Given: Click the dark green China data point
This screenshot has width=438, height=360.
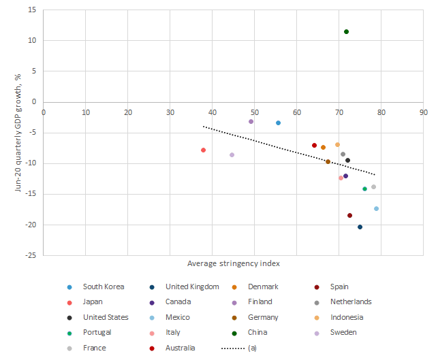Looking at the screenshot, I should (346, 32).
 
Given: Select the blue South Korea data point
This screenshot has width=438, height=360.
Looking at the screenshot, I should (278, 123).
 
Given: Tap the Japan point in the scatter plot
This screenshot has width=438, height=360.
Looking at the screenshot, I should (204, 150).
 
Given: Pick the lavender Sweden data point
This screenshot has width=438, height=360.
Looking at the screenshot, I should (232, 155).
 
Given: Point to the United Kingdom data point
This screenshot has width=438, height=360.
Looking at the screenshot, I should (360, 227).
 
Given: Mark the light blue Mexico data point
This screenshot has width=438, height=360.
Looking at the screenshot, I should (376, 209).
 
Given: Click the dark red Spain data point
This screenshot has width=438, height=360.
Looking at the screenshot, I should (349, 216).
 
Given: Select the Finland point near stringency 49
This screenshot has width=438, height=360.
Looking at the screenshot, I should (251, 122).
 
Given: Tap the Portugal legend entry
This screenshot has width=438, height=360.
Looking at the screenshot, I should (97, 333).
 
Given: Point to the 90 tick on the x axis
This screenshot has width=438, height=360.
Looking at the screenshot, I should (423, 112).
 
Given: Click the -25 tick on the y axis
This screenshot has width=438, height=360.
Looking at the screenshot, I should (31, 256).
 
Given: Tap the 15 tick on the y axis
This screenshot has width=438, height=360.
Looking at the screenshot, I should (33, 10).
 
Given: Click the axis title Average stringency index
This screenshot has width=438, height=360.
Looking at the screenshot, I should (233, 263).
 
